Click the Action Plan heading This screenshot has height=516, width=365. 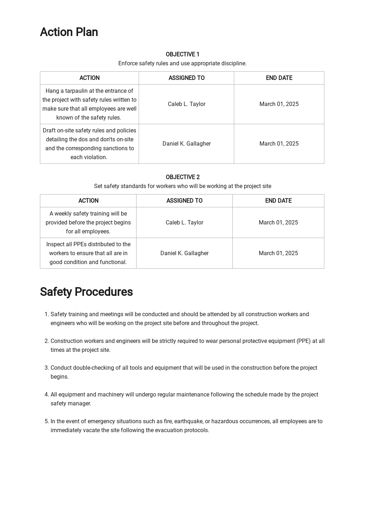(69, 32)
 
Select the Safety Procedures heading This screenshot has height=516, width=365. (86, 292)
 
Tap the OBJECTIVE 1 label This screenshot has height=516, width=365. (182, 54)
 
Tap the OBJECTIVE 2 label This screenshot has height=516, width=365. (182, 177)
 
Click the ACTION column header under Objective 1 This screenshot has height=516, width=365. (89, 78)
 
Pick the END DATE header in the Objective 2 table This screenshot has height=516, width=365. (278, 201)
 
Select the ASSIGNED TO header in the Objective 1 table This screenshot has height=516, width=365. (186, 78)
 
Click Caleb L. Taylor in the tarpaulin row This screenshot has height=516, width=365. (186, 104)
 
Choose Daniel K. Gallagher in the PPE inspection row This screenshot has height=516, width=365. (184, 253)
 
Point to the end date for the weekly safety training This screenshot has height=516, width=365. (278, 223)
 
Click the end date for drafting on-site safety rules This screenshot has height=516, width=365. (279, 144)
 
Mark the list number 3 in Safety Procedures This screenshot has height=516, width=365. (46, 368)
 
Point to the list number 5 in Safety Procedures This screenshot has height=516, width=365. (46, 421)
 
